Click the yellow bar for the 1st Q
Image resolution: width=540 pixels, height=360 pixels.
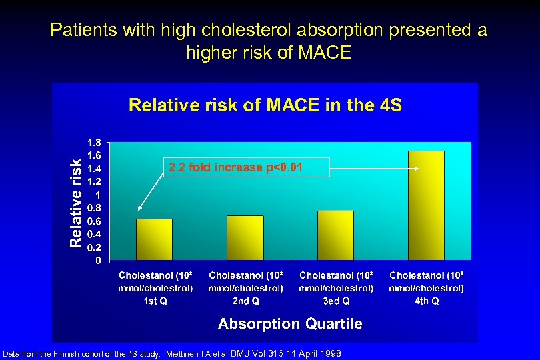(154, 239)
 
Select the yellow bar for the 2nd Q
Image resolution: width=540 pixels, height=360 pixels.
(245, 237)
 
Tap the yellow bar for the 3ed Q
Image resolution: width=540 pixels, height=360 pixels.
(335, 235)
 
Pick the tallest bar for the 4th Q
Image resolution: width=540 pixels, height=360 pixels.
(426, 205)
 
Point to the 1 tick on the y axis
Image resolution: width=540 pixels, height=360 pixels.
(98, 195)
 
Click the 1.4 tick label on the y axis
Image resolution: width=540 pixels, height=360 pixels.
(95, 169)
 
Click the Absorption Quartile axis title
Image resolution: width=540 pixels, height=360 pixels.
(290, 324)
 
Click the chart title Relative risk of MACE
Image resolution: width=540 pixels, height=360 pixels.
(265, 105)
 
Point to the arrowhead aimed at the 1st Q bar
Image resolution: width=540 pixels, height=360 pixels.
(140, 208)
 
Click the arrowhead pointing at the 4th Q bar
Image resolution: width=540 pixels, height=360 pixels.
(417, 169)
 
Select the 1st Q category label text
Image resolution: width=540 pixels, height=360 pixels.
(155, 288)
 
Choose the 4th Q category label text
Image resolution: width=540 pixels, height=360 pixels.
(426, 288)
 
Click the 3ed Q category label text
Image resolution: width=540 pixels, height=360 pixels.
(336, 288)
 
